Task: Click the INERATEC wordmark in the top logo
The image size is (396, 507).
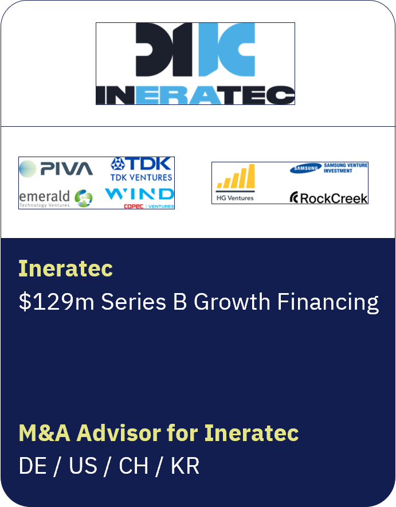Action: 195,95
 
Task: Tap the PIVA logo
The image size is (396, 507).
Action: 56,169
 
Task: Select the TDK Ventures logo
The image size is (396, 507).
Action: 141,169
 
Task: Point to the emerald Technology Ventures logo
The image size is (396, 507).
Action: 56,198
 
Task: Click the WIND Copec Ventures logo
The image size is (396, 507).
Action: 139,197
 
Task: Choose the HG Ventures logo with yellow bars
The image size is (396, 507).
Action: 235,182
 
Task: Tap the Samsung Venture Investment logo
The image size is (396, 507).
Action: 328,168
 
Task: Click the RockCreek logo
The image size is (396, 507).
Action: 328,198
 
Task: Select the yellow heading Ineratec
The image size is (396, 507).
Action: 65,268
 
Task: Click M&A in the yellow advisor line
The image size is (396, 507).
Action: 45,433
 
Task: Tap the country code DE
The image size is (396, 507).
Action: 33,466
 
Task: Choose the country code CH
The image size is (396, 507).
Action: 134,466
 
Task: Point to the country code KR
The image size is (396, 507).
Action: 185,466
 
